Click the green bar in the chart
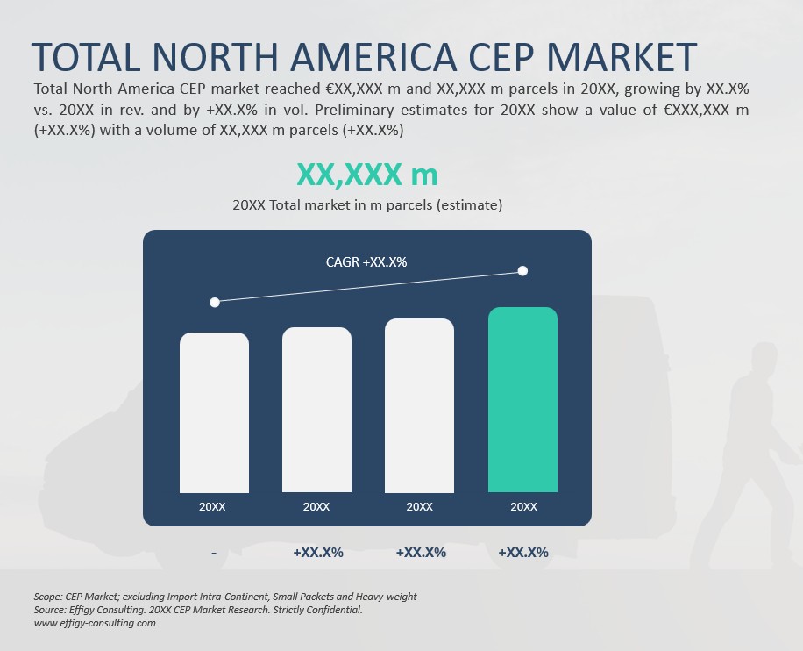[522, 399]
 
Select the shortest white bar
[214, 412]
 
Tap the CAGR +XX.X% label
[366, 261]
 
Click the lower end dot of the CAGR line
[215, 302]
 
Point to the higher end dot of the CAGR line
[523, 271]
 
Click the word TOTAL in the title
[86, 58]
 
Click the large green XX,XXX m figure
[366, 175]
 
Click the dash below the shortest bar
[214, 554]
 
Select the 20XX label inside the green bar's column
[523, 507]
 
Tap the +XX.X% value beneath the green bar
[523, 553]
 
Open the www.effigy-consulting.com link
[95, 623]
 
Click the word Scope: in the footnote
[48, 597]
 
